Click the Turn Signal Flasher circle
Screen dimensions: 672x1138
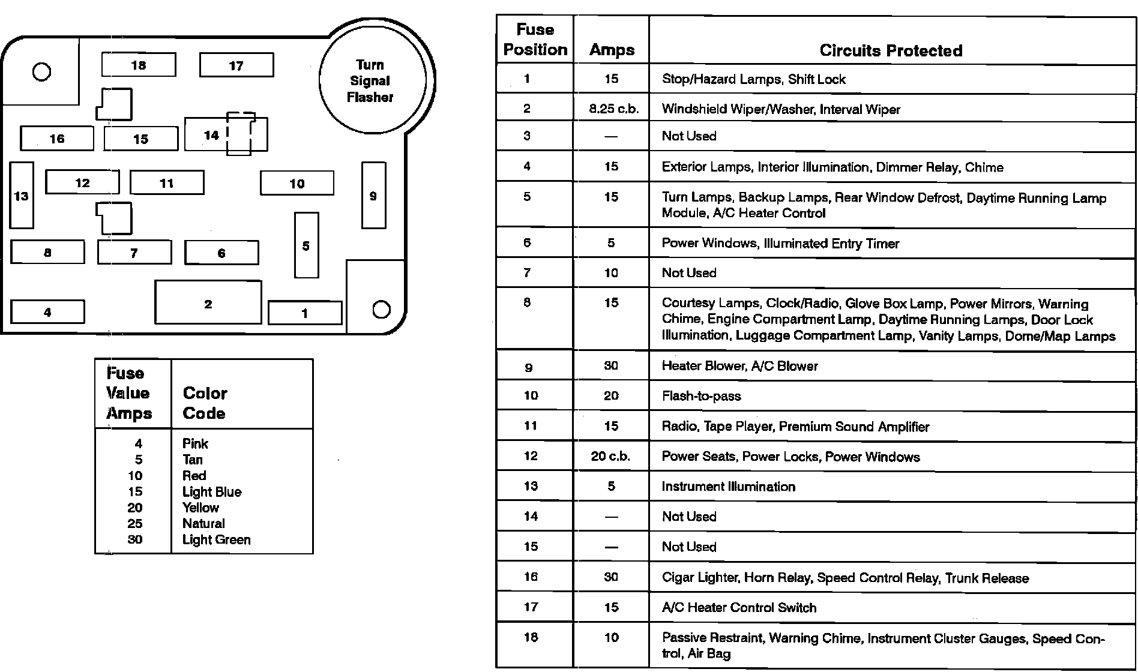(372, 80)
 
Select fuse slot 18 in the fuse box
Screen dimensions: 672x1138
(139, 65)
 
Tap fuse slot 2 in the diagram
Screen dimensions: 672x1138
(208, 302)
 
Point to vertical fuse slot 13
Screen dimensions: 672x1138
(22, 196)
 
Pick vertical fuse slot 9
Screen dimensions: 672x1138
(373, 196)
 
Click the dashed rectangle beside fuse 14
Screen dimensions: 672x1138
(241, 133)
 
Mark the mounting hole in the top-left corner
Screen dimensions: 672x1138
(41, 72)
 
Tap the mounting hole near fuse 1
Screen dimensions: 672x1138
(381, 310)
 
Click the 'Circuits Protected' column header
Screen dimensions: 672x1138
(891, 50)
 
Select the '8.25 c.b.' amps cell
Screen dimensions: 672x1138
(612, 109)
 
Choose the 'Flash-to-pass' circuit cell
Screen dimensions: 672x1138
(701, 396)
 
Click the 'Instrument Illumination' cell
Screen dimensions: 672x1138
(728, 487)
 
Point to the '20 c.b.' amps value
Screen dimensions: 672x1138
(610, 456)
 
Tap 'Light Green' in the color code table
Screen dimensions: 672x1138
(216, 539)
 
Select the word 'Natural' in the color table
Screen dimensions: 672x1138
(203, 523)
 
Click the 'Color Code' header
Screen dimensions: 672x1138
(205, 403)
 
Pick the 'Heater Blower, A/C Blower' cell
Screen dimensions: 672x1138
(739, 366)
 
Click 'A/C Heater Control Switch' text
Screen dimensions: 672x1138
(739, 608)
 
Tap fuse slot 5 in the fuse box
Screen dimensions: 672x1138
(306, 245)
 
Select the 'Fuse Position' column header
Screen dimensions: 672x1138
(535, 40)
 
